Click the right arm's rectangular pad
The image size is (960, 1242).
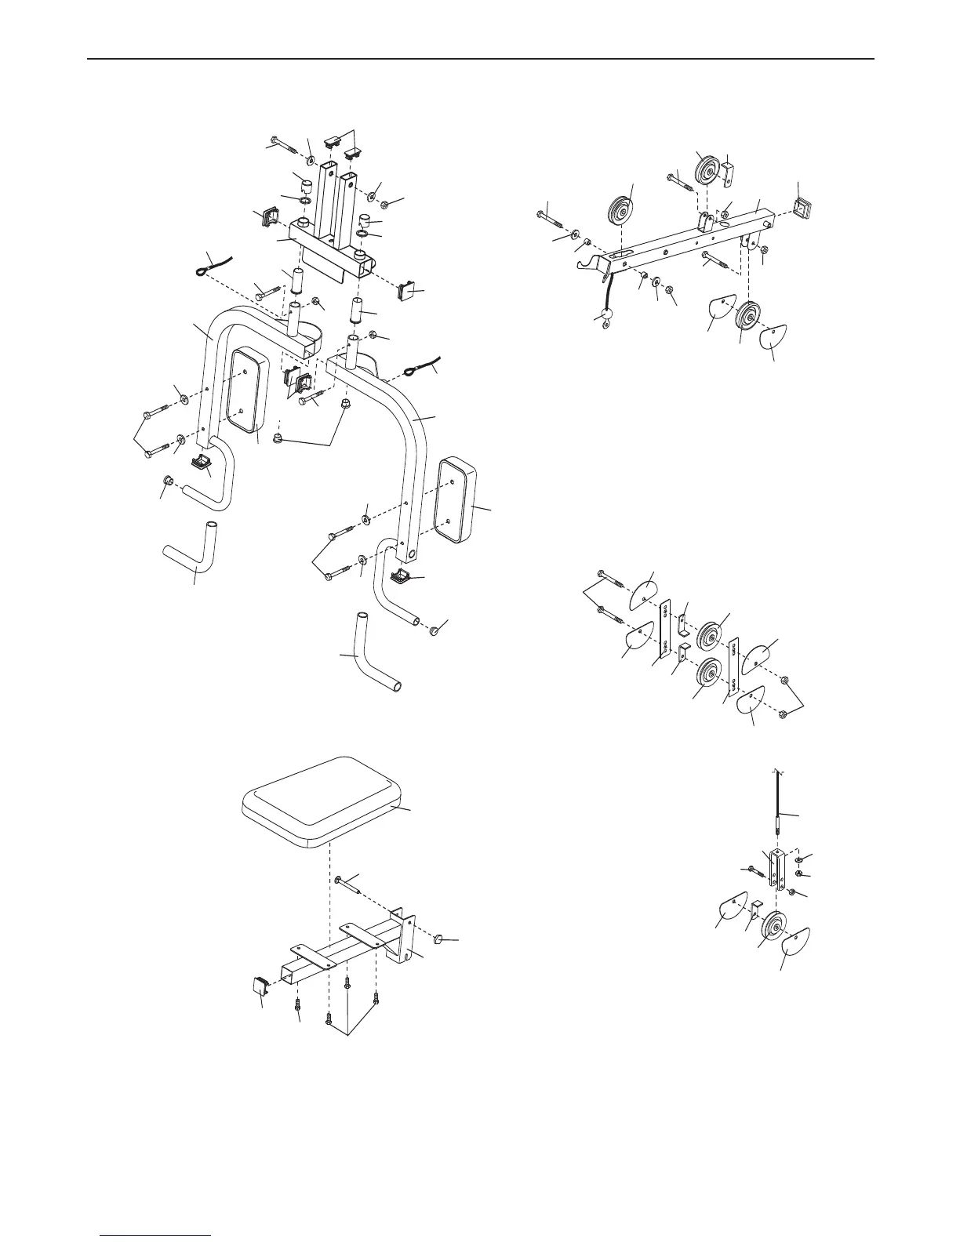(x=457, y=501)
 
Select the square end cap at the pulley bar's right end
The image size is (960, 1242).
(x=802, y=208)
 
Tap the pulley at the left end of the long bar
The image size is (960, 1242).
(x=623, y=210)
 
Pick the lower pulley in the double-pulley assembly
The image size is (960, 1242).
(x=710, y=673)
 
